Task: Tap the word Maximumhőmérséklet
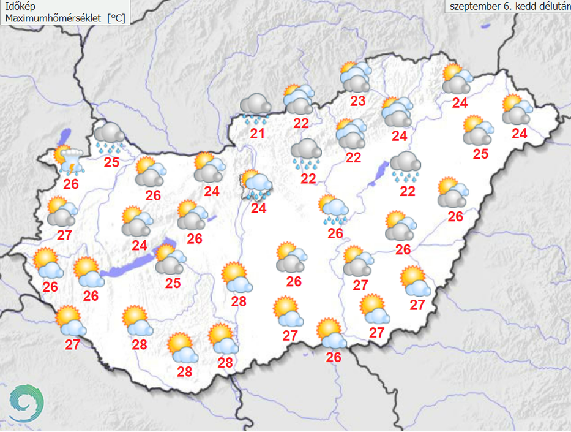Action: pyautogui.click(x=53, y=18)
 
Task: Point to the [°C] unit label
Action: pyautogui.click(x=116, y=18)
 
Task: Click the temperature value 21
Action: pyautogui.click(x=257, y=133)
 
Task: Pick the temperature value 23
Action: pyautogui.click(x=357, y=101)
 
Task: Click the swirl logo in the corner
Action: pyautogui.click(x=27, y=403)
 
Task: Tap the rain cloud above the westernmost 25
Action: pyautogui.click(x=110, y=138)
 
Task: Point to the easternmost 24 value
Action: pyautogui.click(x=519, y=133)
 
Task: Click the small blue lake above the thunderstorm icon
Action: pyautogui.click(x=65, y=135)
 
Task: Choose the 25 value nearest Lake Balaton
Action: pyautogui.click(x=173, y=282)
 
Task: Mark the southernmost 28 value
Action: pyautogui.click(x=184, y=371)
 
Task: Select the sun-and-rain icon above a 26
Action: pyautogui.click(x=334, y=210)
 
